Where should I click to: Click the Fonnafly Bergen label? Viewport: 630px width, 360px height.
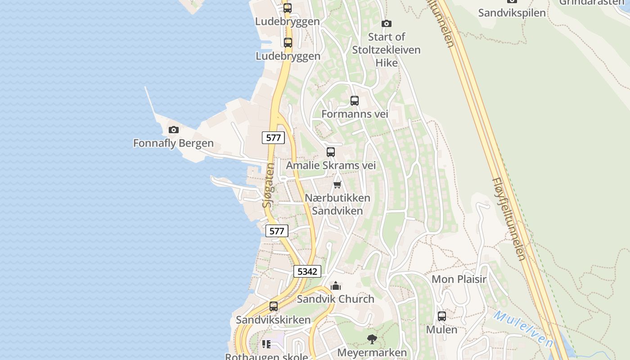[173, 144]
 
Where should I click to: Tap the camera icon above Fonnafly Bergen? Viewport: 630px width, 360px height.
[173, 130]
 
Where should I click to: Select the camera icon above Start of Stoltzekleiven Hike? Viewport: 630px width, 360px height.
[386, 23]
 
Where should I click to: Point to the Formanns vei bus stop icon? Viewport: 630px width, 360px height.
[355, 101]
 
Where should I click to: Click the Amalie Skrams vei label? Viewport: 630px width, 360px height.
[331, 165]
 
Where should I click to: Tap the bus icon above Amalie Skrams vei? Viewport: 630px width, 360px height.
[331, 152]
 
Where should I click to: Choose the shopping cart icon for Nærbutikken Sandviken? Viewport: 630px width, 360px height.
[337, 184]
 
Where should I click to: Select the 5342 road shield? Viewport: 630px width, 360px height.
[307, 271]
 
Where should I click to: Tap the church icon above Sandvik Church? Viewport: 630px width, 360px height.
[336, 286]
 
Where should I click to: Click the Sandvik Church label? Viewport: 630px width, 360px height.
[335, 299]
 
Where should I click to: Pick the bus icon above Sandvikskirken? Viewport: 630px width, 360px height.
[274, 306]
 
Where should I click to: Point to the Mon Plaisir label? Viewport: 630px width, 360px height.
[459, 279]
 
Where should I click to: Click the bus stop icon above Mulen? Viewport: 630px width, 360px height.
[442, 316]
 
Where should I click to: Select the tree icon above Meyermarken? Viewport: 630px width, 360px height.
[372, 339]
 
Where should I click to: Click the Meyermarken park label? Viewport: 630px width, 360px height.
[372, 352]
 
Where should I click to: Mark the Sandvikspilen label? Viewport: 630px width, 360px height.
[512, 13]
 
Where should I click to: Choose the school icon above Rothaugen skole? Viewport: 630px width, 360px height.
[266, 344]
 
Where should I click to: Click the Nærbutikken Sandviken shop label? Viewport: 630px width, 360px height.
[337, 204]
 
